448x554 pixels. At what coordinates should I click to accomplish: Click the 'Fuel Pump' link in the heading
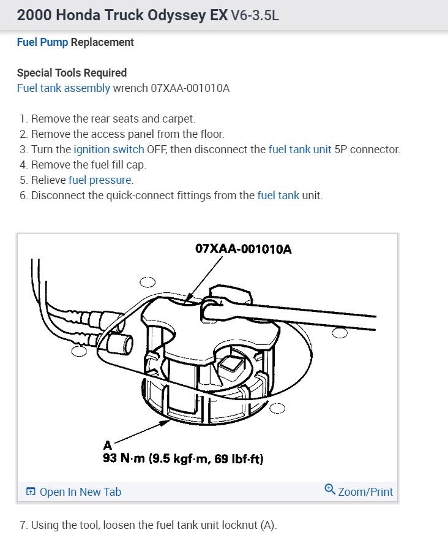[x=42, y=42]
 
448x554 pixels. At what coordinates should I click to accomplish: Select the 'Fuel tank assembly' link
[x=64, y=88]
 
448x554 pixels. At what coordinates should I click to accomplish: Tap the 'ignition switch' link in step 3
[x=109, y=150]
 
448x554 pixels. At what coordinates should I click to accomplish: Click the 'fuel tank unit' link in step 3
[x=300, y=150]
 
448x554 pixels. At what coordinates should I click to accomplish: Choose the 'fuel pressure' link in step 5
[x=100, y=180]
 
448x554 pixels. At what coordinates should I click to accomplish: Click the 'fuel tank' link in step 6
[x=278, y=195]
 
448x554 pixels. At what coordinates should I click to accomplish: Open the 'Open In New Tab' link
[x=80, y=491]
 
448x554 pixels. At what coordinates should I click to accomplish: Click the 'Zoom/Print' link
[x=365, y=491]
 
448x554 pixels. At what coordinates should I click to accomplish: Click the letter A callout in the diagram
[x=108, y=446]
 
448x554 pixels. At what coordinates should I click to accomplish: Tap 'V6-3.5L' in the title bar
[x=255, y=16]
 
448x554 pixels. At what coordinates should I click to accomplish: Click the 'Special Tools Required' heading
[x=72, y=73]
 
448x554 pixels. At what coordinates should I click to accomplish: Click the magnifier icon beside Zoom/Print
[x=330, y=490]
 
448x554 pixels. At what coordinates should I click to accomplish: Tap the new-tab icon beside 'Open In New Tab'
[x=31, y=491]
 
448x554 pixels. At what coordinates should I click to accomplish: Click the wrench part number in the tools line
[x=190, y=88]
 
